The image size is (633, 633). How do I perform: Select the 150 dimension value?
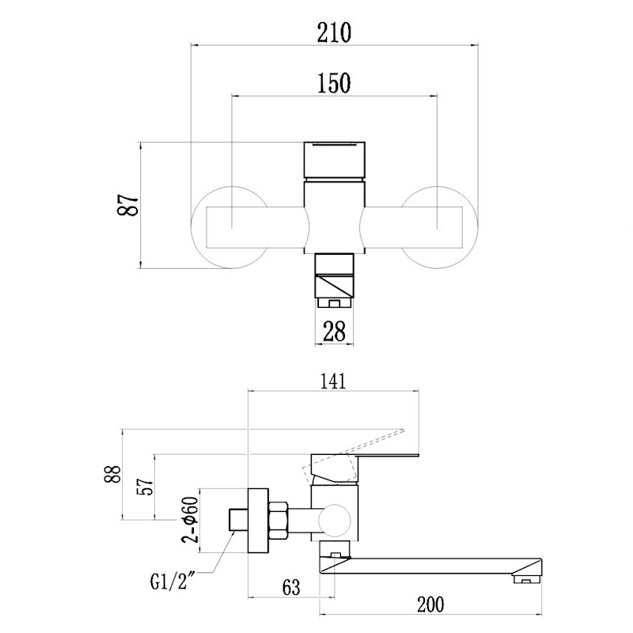(x=333, y=82)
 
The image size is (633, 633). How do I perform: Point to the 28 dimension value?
(x=335, y=331)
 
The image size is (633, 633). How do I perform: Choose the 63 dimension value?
(x=291, y=587)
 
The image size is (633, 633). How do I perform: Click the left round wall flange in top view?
(x=212, y=227)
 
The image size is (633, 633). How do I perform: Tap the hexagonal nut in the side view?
(x=279, y=522)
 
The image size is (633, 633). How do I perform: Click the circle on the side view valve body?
(x=335, y=521)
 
